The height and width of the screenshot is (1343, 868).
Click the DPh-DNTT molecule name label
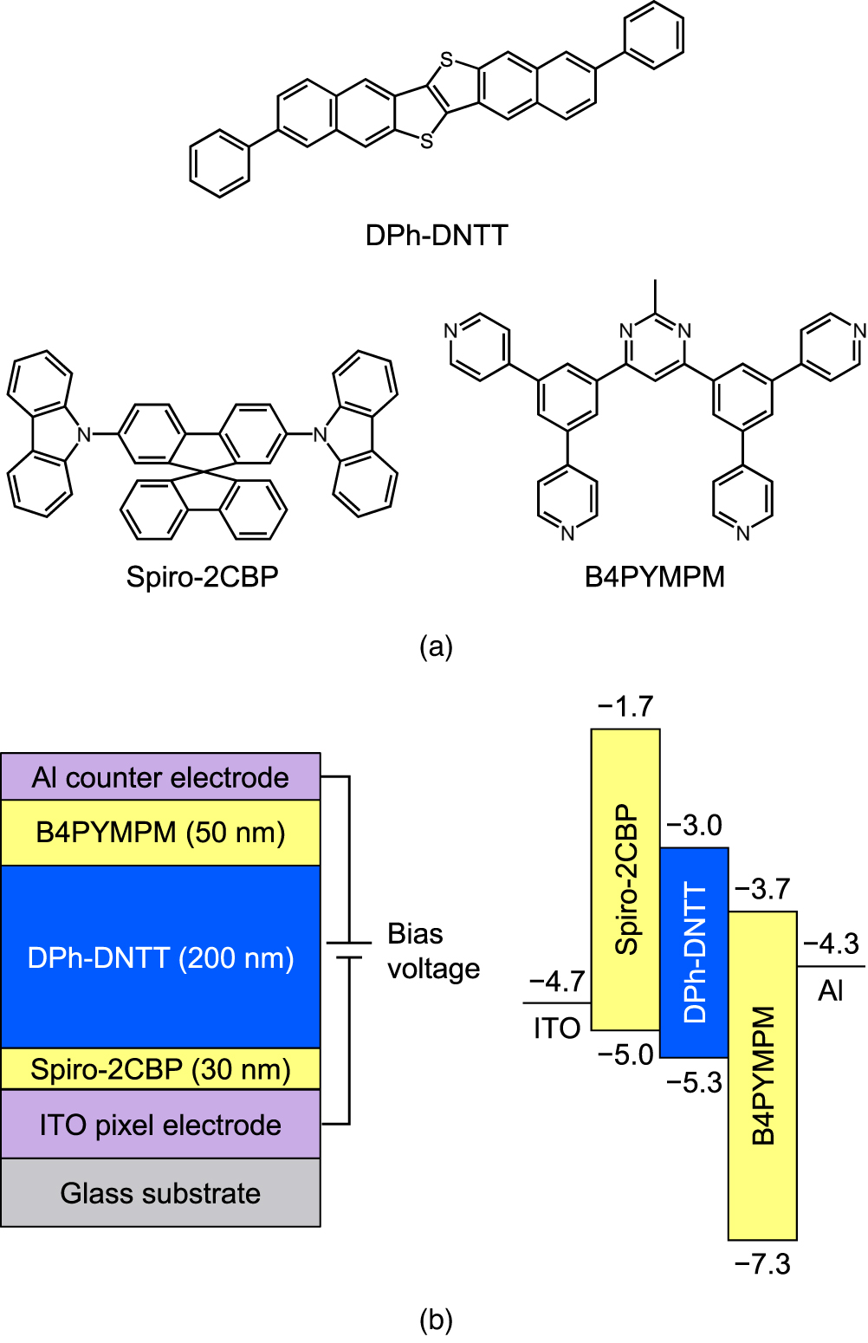click(x=437, y=236)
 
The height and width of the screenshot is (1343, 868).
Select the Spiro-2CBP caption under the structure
click(x=203, y=577)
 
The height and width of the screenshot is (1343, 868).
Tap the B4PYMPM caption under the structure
click(x=655, y=577)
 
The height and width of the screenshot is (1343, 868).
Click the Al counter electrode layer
click(x=160, y=777)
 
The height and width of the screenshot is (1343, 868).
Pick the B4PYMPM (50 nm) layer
click(x=160, y=833)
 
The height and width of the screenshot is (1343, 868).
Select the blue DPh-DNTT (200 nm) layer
click(x=160, y=957)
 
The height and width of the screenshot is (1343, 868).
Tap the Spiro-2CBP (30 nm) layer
click(x=160, y=1069)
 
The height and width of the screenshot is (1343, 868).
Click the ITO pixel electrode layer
click(x=160, y=1125)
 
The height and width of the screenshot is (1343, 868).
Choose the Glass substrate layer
click(x=160, y=1193)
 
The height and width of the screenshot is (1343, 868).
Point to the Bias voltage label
click(x=433, y=950)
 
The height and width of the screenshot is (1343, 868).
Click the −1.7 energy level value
click(x=625, y=707)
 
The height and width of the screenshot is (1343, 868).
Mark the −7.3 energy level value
click(x=762, y=1264)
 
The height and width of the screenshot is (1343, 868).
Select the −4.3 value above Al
click(x=831, y=944)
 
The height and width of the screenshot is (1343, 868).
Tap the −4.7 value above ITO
click(x=557, y=982)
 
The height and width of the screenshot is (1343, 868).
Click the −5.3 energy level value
click(x=694, y=1083)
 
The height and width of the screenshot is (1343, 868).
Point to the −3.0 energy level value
click(x=694, y=826)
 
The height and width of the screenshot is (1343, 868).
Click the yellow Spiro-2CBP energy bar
click(x=625, y=879)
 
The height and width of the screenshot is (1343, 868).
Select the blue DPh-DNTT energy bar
click(x=694, y=952)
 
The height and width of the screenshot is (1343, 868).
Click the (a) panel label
click(x=436, y=647)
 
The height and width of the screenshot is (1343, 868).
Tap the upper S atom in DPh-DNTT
click(x=446, y=61)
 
